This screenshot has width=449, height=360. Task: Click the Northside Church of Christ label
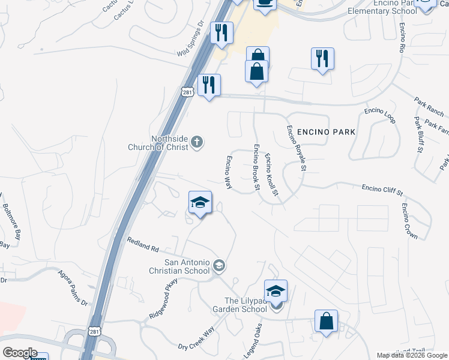pos(160,143)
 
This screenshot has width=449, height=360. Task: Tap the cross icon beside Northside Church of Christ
pos(197,143)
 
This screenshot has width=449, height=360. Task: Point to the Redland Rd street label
pos(142,245)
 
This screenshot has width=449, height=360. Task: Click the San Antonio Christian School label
pos(187,266)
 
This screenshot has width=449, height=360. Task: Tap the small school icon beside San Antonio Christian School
pos(220,265)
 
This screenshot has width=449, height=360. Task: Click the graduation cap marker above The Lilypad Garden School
pos(276,291)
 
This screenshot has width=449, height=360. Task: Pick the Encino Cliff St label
pos(382,190)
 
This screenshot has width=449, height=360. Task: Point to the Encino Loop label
pos(381,115)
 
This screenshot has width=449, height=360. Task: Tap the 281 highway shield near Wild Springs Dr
pos(187,89)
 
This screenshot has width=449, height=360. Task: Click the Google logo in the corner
pos(20,352)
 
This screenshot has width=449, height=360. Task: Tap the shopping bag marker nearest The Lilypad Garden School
pos(326,321)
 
